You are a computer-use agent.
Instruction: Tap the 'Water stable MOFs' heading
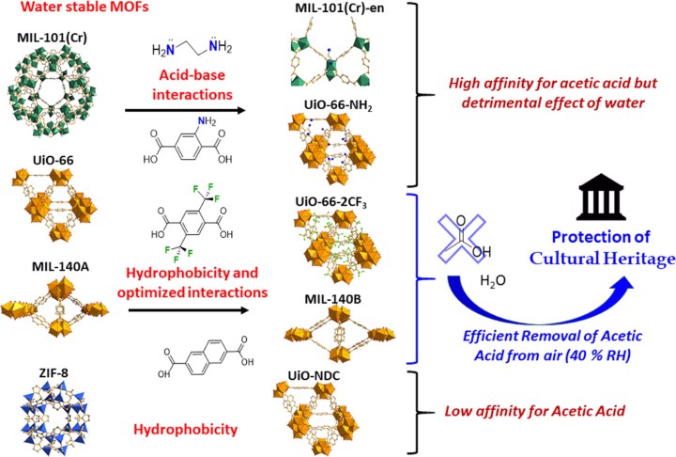(x=64, y=11)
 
